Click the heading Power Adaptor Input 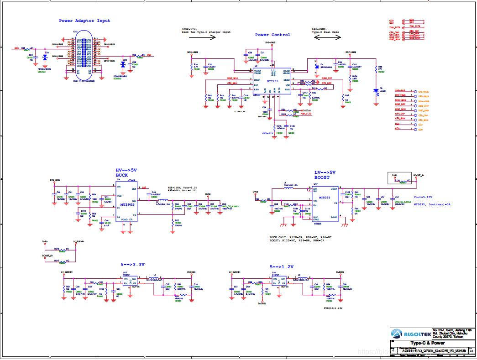click(84, 21)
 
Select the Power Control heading click(273, 35)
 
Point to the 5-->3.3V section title click(133, 265)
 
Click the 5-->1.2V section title click(282, 266)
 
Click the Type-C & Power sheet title click(427, 343)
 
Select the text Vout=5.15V click(423, 197)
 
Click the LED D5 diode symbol click(375, 90)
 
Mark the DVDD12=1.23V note click(333, 308)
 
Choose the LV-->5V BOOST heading click(325, 175)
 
